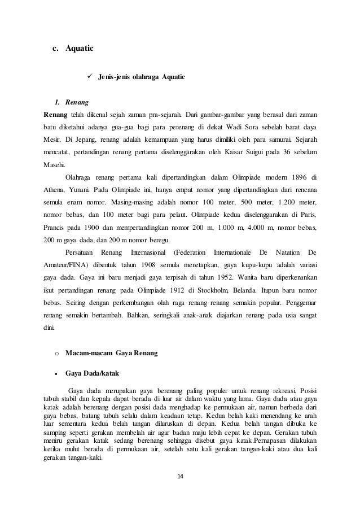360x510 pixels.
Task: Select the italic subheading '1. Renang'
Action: [71, 103]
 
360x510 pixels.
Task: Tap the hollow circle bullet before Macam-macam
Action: [56, 353]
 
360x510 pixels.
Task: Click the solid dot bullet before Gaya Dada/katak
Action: [56, 373]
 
